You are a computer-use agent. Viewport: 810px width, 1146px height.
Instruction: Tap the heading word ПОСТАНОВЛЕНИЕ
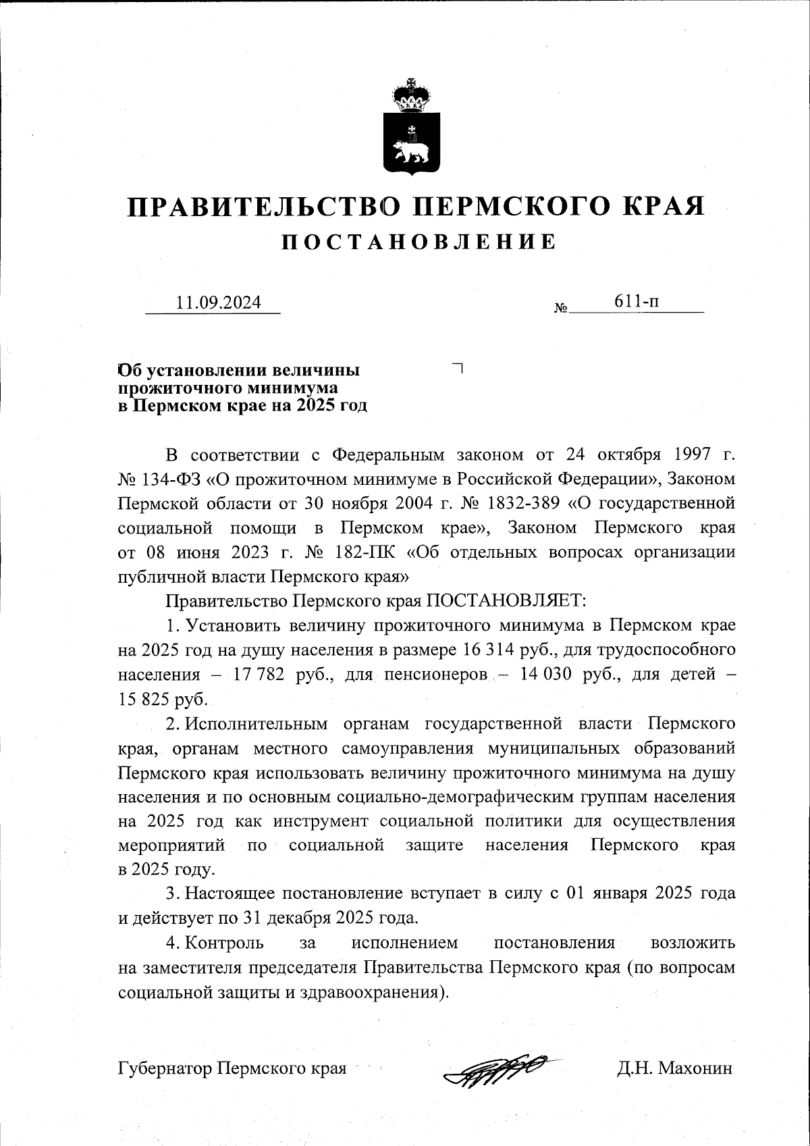coord(419,242)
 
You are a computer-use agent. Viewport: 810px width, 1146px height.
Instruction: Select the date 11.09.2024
coord(218,303)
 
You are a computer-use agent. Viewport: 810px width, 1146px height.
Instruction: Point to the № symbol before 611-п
coord(561,309)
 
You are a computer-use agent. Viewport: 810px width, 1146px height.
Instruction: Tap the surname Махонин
coord(695,1068)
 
